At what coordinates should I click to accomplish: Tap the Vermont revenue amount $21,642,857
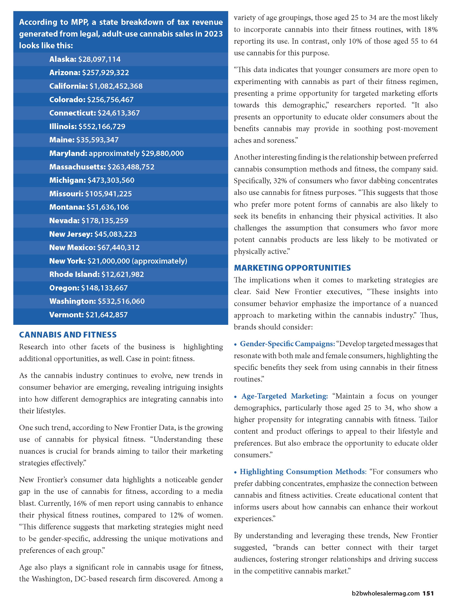tap(107, 315)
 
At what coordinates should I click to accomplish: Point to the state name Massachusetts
tap(77, 167)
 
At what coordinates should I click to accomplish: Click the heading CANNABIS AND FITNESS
tap(68, 335)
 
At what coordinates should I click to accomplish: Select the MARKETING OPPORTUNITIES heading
tap(292, 268)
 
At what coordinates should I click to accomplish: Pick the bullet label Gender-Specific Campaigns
tap(287, 344)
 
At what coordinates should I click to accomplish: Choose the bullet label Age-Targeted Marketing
tap(285, 396)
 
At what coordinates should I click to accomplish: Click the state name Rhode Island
tap(74, 274)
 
